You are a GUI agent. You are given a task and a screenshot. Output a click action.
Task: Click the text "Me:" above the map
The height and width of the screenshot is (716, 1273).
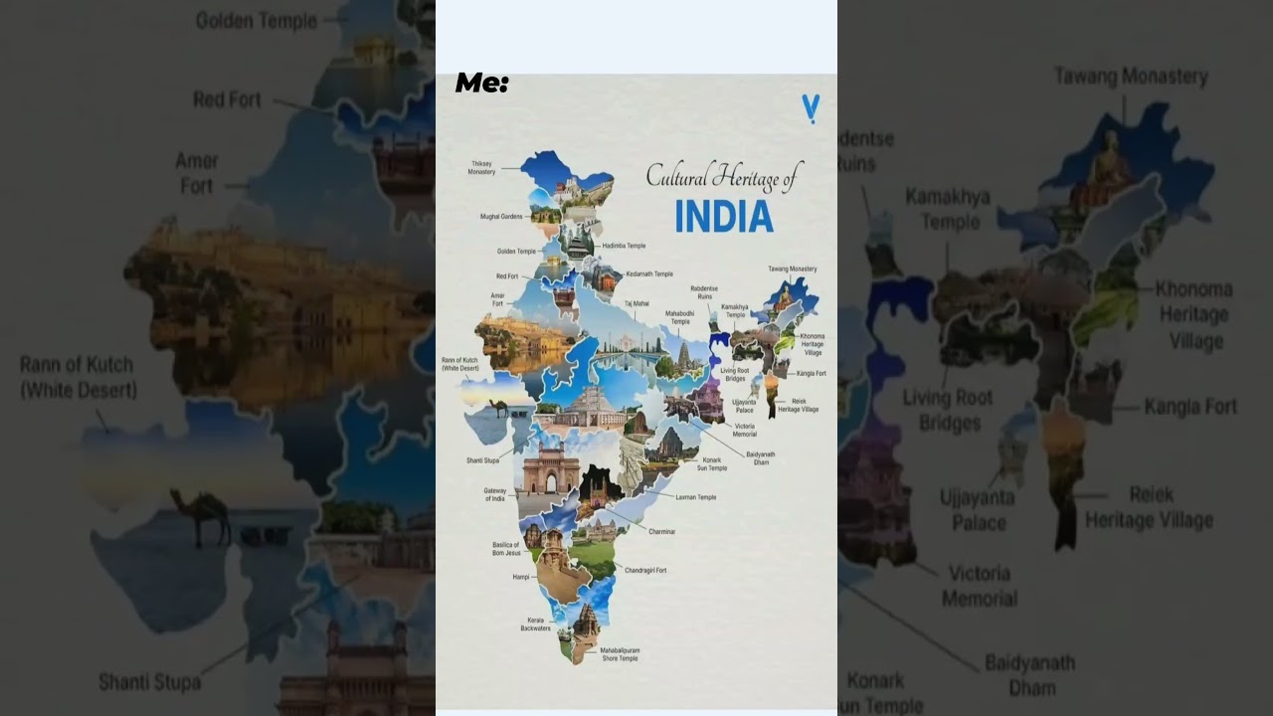pyautogui.click(x=482, y=84)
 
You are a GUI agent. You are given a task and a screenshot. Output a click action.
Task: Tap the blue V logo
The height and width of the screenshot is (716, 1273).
pyautogui.click(x=811, y=107)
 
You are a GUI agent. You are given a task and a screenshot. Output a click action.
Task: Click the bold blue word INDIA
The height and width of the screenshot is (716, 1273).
pyautogui.click(x=723, y=216)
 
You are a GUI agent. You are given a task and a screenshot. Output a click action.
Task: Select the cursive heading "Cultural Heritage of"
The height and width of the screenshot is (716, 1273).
pyautogui.click(x=723, y=176)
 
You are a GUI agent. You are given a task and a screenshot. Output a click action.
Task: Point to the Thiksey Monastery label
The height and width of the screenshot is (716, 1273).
pyautogui.click(x=481, y=168)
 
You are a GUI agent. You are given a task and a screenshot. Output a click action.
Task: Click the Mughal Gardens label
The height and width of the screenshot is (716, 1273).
pyautogui.click(x=501, y=216)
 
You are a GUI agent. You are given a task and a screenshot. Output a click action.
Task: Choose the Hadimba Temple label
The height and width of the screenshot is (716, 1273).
pyautogui.click(x=624, y=246)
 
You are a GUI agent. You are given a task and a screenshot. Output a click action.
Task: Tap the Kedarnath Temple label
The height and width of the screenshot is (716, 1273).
pyautogui.click(x=648, y=273)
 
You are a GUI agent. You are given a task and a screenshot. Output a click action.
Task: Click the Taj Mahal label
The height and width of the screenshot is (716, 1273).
pyautogui.click(x=636, y=303)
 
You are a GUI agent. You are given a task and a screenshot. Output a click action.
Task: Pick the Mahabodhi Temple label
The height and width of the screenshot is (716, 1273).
pyautogui.click(x=679, y=317)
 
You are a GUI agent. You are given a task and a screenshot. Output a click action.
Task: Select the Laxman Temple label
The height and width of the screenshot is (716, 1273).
pyautogui.click(x=695, y=497)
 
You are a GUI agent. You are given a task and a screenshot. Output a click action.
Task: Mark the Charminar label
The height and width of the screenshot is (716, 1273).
pyautogui.click(x=661, y=532)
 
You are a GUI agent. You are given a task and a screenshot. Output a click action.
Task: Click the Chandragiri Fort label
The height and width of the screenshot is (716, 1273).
pyautogui.click(x=645, y=570)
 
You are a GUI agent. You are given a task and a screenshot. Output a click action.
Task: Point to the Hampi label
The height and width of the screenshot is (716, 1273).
pyautogui.click(x=521, y=577)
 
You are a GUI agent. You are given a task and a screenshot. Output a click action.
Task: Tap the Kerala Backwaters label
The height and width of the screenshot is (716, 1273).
pyautogui.click(x=535, y=625)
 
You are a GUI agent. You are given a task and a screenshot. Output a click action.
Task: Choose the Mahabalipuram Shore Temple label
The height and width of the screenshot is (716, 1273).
pyautogui.click(x=619, y=653)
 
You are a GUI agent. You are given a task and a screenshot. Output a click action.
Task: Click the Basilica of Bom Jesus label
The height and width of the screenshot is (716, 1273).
pyautogui.click(x=506, y=549)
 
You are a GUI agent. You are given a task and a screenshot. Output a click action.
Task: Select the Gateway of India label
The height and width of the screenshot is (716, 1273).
pyautogui.click(x=495, y=494)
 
